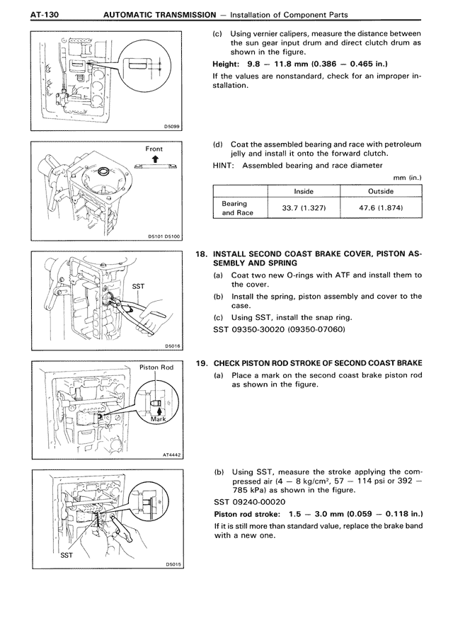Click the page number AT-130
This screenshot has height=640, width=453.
(33, 14)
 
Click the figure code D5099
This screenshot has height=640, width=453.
(172, 127)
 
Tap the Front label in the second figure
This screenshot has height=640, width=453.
(154, 149)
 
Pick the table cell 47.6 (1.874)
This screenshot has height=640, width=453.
(381, 210)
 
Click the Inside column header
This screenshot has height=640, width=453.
(304, 191)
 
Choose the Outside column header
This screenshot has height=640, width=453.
(381, 191)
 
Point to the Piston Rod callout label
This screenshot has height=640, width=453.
(157, 367)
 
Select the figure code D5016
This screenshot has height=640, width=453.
(173, 346)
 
